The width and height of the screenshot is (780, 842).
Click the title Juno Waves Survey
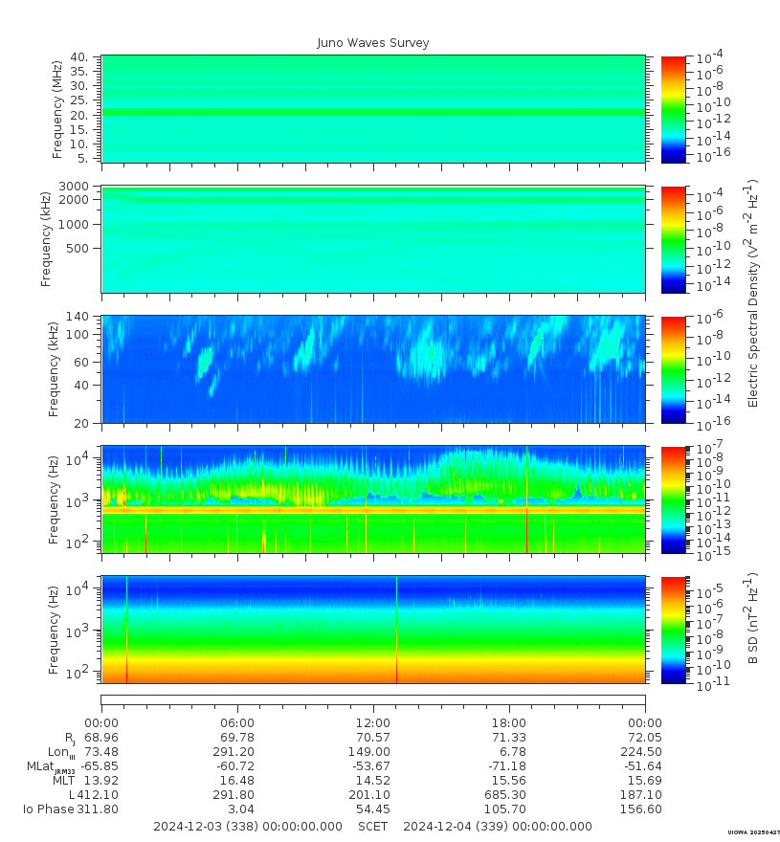click(373, 43)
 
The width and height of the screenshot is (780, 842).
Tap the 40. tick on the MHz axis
click(79, 57)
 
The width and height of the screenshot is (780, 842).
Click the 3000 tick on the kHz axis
click(75, 186)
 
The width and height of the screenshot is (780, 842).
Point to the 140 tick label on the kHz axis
click(78, 317)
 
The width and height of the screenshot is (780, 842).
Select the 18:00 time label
click(508, 722)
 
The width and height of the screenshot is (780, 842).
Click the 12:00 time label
click(372, 722)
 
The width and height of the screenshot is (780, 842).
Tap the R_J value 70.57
click(372, 738)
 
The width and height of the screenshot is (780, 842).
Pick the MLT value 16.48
click(237, 781)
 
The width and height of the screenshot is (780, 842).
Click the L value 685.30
click(508, 795)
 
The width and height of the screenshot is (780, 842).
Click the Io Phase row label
click(49, 809)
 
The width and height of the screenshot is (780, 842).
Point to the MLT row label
click(62, 781)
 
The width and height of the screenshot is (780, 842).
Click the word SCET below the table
click(372, 826)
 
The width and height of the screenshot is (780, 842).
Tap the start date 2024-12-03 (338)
click(247, 826)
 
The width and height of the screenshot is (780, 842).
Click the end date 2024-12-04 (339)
click(498, 826)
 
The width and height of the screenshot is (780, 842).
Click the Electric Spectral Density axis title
click(753, 293)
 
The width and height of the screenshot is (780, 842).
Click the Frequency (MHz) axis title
click(58, 109)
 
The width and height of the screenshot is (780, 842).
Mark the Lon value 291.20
click(237, 752)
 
